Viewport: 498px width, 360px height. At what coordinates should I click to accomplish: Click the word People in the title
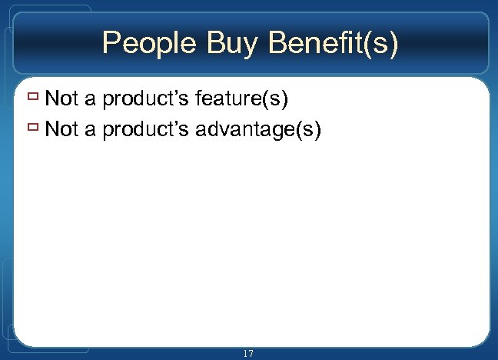click(149, 44)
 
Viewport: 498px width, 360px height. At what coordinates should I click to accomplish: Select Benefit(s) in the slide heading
click(333, 44)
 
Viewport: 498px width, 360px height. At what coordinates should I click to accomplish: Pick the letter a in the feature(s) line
click(90, 100)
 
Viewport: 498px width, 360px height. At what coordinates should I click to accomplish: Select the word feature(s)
click(241, 99)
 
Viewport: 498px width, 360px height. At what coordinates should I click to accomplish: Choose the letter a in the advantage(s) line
click(90, 130)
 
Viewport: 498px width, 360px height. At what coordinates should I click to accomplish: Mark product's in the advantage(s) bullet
click(145, 130)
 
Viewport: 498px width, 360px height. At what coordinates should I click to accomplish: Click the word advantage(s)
click(257, 130)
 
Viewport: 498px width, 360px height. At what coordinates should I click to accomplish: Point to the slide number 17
click(247, 354)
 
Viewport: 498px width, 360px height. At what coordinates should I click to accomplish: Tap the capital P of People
click(112, 44)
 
